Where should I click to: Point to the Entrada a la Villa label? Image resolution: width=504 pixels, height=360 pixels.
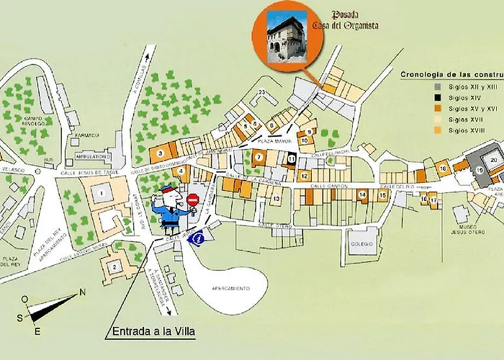(154, 332)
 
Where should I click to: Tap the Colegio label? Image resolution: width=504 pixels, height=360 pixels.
(362, 244)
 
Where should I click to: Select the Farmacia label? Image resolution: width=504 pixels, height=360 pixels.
(85, 135)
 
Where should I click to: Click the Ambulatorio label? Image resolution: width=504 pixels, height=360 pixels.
(91, 156)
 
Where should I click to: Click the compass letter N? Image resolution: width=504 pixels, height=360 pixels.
(82, 292)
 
